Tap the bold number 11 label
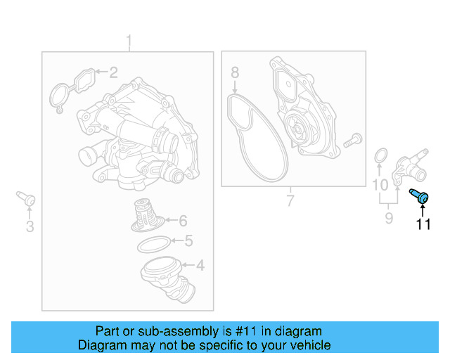(x=423, y=225)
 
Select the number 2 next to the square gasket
(x=112, y=72)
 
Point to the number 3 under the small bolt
(x=30, y=226)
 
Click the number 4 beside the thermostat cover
(x=200, y=266)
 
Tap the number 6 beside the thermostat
(x=182, y=220)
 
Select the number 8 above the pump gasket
(x=235, y=72)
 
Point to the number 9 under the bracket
(x=389, y=219)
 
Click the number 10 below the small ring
(x=380, y=186)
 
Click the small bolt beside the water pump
(x=352, y=139)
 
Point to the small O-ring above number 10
(x=380, y=155)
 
